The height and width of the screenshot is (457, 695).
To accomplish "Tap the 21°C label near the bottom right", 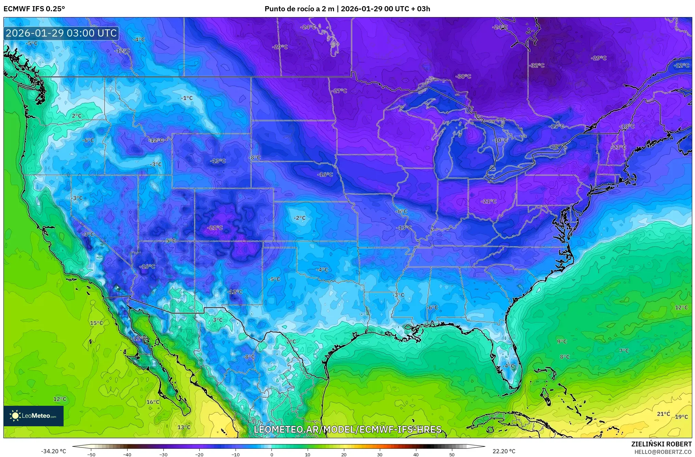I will click(x=663, y=414).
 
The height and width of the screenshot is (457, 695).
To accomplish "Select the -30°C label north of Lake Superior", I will click(x=463, y=77).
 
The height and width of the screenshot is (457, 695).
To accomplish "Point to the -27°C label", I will click(x=339, y=91).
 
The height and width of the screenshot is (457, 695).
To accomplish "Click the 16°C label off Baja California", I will click(x=153, y=402).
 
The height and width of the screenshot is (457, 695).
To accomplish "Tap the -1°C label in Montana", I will click(x=187, y=98).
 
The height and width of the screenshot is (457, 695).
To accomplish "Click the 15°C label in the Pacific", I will click(x=96, y=323).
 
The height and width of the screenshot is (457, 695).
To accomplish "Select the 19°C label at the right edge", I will click(x=681, y=417).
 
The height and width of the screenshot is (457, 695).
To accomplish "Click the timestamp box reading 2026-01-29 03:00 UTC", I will click(x=61, y=33).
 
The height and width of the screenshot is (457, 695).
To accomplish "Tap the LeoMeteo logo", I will click(x=34, y=416).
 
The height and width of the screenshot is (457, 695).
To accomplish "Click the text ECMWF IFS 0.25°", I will click(x=34, y=9).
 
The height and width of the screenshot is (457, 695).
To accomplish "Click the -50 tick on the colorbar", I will click(x=91, y=455).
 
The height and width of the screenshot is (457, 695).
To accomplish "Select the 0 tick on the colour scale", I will click(x=272, y=455).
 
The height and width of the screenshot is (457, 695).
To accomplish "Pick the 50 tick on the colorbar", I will click(x=452, y=455).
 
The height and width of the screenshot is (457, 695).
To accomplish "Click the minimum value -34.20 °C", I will click(x=53, y=451).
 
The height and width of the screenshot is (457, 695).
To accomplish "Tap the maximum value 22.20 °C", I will click(x=504, y=451).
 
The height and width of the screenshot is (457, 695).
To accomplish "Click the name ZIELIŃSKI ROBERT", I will click(x=661, y=444).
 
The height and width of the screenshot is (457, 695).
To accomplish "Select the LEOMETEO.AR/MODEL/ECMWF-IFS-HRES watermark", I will click(x=347, y=429).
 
